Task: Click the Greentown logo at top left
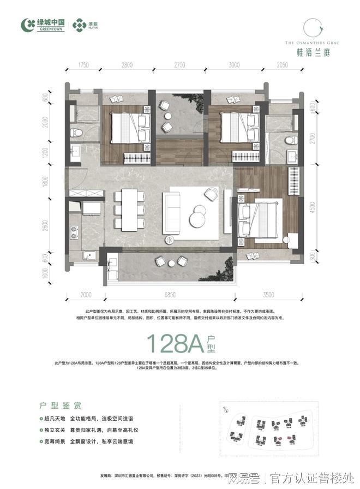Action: tap(42, 25)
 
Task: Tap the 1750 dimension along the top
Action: tap(83, 64)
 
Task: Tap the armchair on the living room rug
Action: tap(211, 193)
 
